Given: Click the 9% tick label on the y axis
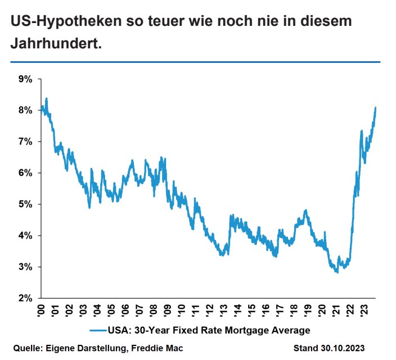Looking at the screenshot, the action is (25, 79).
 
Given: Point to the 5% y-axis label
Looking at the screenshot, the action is (25, 204).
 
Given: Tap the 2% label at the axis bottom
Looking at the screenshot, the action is (25, 298).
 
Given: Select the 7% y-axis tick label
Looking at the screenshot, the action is (25, 142).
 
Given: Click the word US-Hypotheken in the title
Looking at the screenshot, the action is (66, 21).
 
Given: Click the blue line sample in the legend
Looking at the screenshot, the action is (98, 330).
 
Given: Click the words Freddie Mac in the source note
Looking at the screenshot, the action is (157, 348).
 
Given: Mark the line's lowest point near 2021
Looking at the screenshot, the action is (337, 272).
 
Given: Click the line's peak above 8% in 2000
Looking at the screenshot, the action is (47, 98).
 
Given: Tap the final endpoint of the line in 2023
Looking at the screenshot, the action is (376, 108).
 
